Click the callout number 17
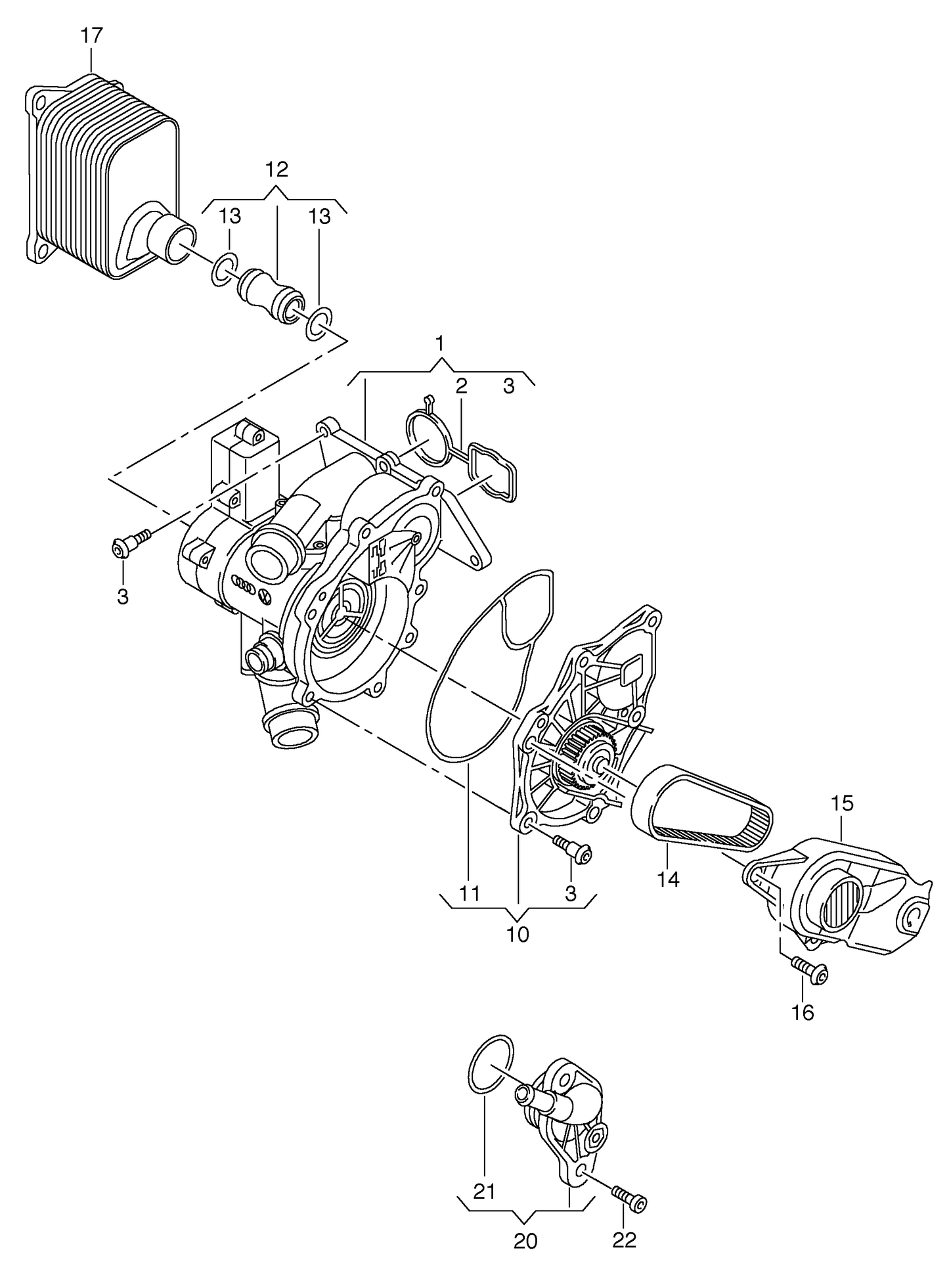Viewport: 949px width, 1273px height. coord(92,35)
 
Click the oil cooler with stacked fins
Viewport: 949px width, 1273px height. coord(99,177)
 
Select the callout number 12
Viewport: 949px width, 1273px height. coord(276,169)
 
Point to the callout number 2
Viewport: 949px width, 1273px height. coord(461,386)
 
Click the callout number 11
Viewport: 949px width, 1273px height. coord(470,893)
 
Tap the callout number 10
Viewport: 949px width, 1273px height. coord(518,934)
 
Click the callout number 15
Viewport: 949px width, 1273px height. coord(842,803)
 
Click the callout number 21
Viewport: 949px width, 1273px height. coord(484,1191)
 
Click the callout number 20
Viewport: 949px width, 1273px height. coord(525,1240)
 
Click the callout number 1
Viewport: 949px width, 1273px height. coord(439,344)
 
